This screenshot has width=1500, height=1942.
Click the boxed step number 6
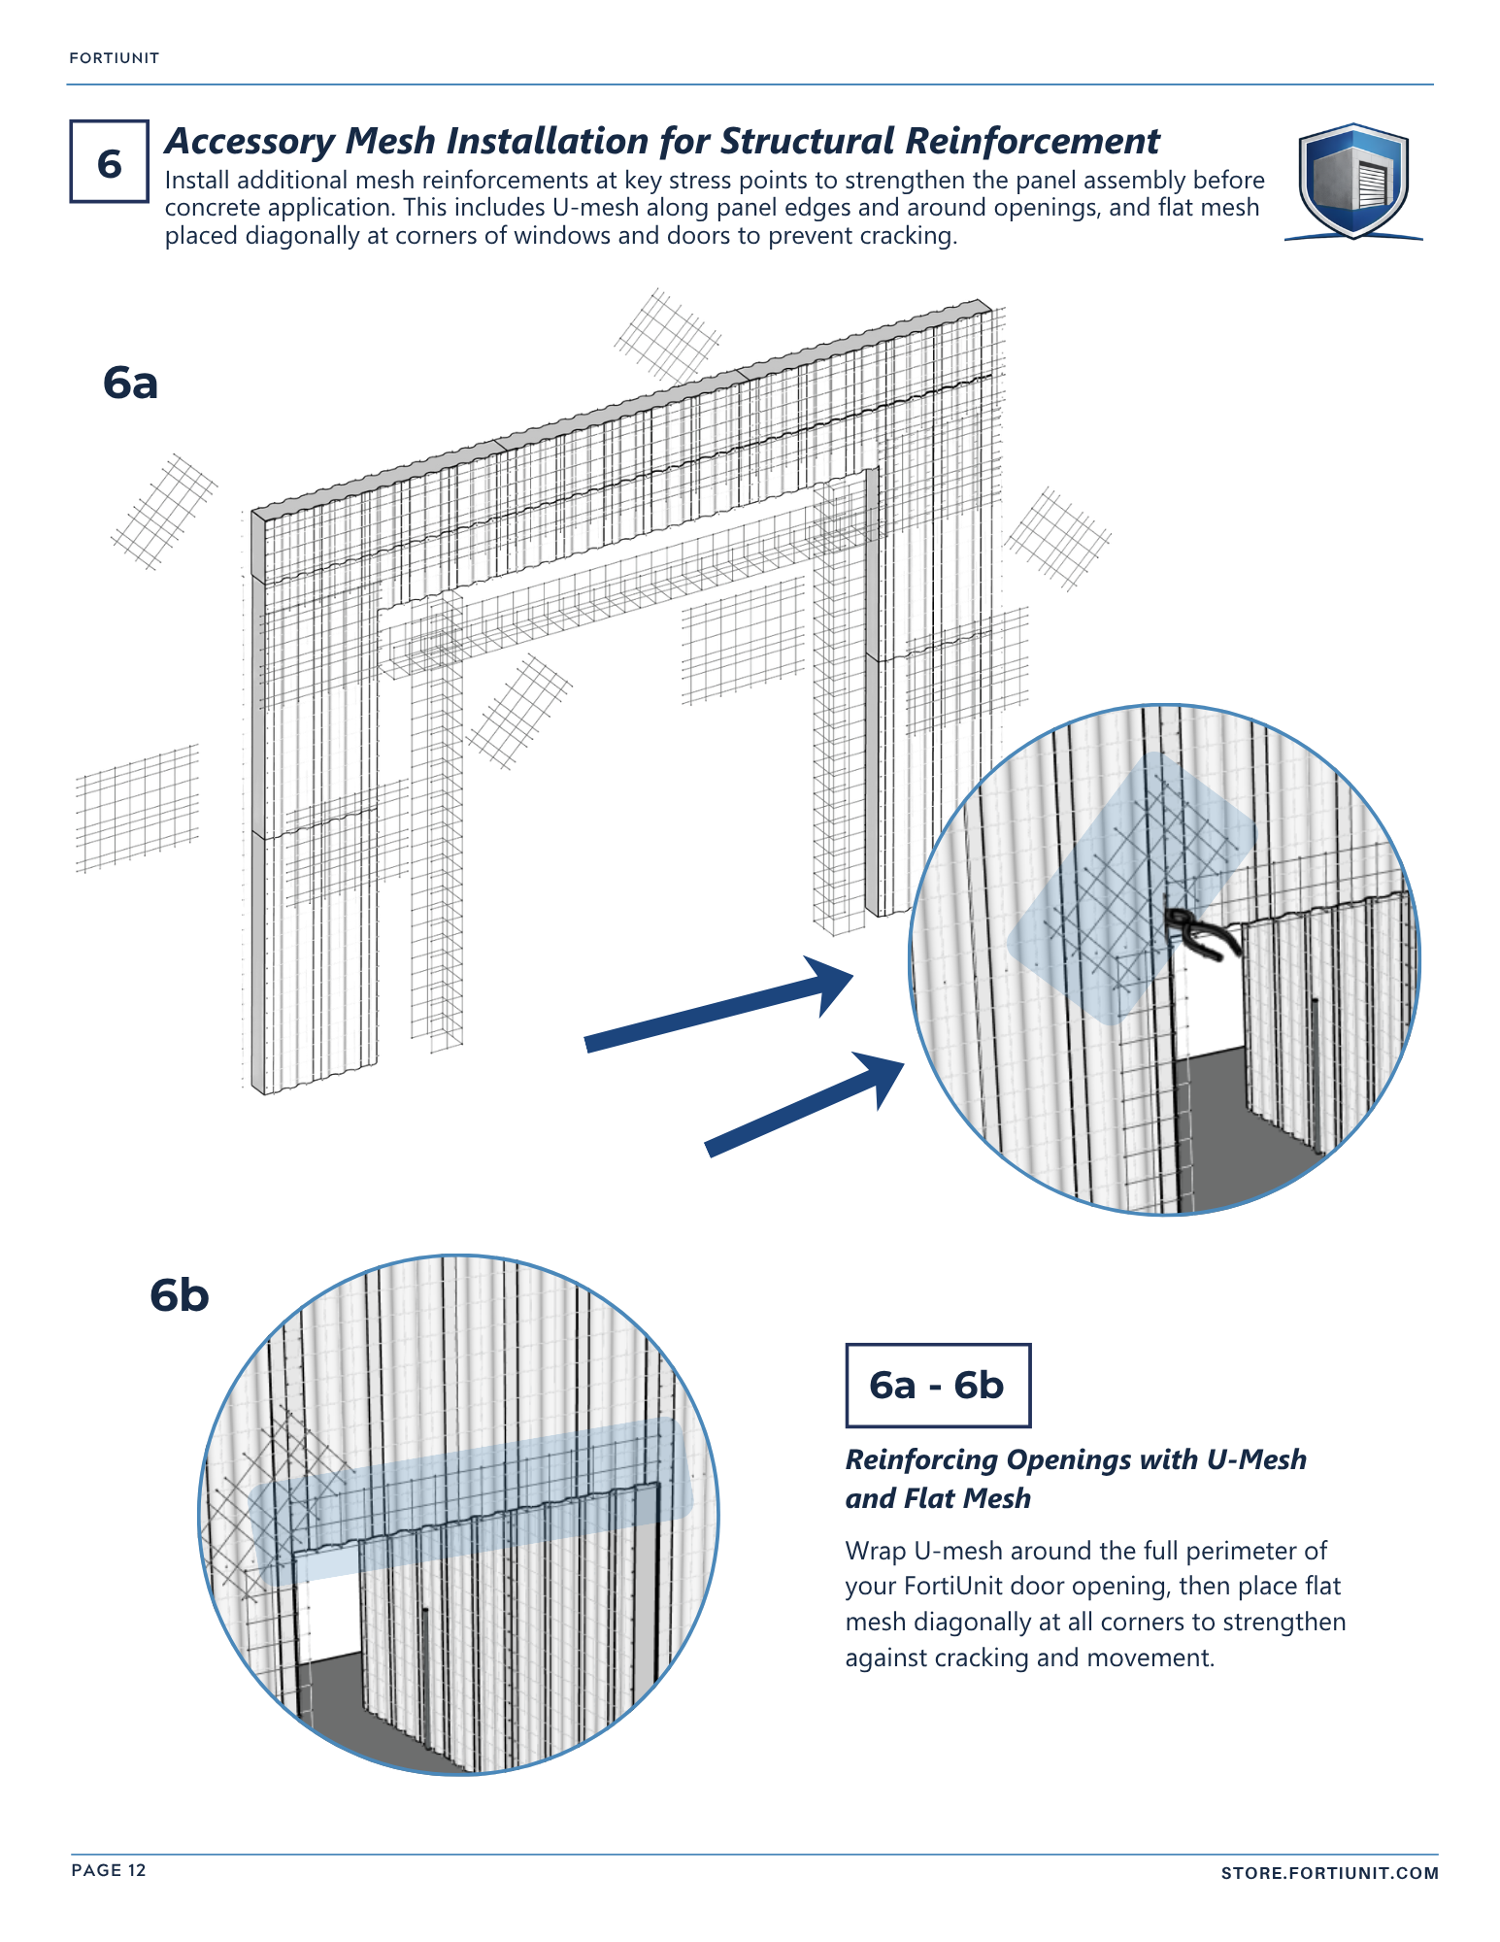tap(109, 161)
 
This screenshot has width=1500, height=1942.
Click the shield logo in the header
tap(1352, 181)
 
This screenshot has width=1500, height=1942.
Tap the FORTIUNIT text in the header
tap(114, 58)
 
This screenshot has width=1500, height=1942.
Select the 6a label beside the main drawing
tap(130, 383)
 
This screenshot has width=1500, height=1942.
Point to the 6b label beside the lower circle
tap(180, 1294)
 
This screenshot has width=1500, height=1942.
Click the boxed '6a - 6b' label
tap(937, 1385)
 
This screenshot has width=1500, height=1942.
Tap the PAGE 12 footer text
tap(109, 1870)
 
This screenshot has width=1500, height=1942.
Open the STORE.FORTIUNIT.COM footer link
tap(1329, 1873)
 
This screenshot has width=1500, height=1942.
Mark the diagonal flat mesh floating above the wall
tap(668, 336)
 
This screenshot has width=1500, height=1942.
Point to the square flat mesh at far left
tap(137, 808)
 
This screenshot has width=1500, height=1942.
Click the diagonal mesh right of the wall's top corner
tap(1057, 539)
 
